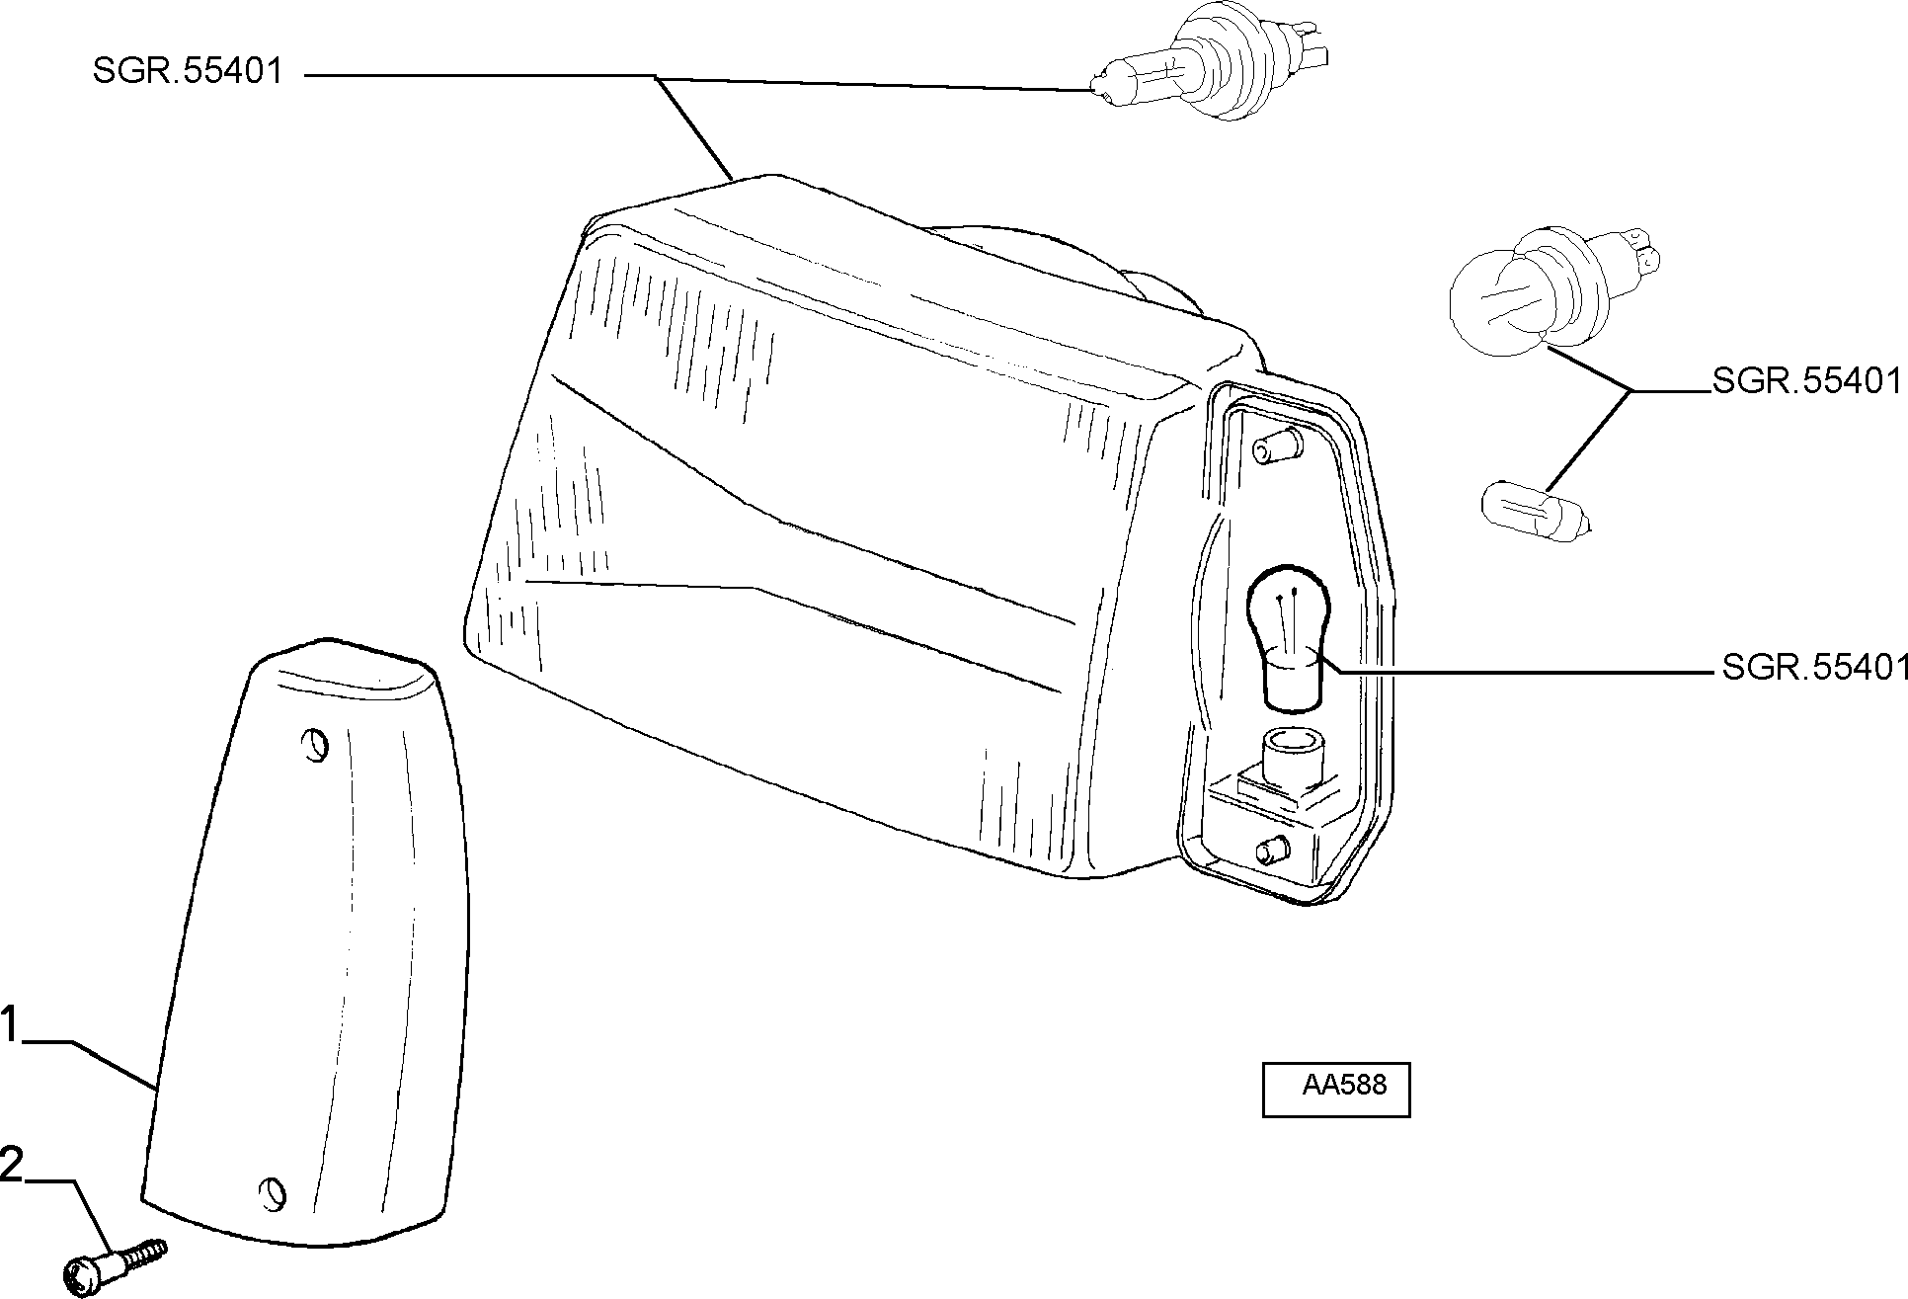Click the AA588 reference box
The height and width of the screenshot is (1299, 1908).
pyautogui.click(x=1335, y=1090)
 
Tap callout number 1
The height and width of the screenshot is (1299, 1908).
pyautogui.click(x=9, y=1024)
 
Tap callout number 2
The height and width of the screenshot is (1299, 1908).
pyautogui.click(x=11, y=1165)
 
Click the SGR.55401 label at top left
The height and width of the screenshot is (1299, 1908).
pyautogui.click(x=188, y=71)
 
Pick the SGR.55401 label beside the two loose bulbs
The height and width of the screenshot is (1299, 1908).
pyautogui.click(x=1806, y=381)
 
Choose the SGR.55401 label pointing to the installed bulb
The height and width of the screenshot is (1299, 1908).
pyautogui.click(x=1813, y=669)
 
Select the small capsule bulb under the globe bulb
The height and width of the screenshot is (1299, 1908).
pyautogui.click(x=1537, y=508)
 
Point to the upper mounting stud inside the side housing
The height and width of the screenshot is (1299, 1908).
pyautogui.click(x=1274, y=447)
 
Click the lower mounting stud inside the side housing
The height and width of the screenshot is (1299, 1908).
pyautogui.click(x=1274, y=849)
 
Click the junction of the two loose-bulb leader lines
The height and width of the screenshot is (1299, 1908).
pyautogui.click(x=1631, y=391)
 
